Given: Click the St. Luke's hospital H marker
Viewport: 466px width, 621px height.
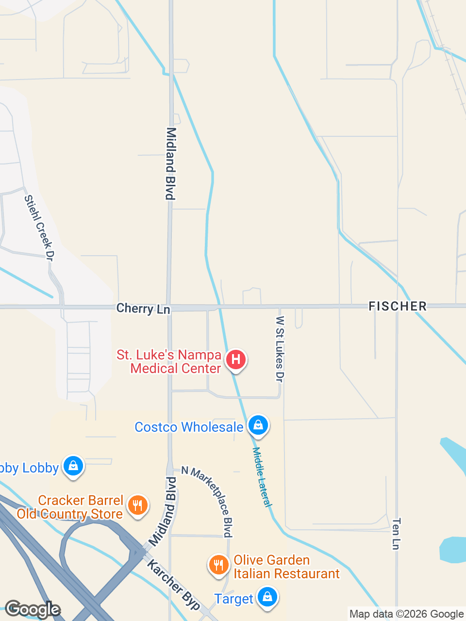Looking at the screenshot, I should [x=236, y=360].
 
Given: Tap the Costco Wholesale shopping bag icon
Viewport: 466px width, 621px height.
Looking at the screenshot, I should [x=258, y=425].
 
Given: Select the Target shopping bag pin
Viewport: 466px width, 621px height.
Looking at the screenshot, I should [x=267, y=597].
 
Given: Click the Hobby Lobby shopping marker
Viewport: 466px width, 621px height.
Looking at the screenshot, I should [x=73, y=466].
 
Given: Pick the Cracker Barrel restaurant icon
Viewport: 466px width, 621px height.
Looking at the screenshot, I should [x=138, y=506].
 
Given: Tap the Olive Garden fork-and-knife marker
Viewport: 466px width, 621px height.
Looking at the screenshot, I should [x=219, y=565].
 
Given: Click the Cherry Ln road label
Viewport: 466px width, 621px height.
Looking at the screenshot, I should [x=143, y=309].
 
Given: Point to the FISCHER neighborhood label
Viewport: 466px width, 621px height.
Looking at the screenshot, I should [x=398, y=306].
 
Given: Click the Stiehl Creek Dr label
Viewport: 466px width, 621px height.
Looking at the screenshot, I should [x=39, y=228].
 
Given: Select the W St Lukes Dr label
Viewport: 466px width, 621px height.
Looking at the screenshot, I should [x=280, y=348].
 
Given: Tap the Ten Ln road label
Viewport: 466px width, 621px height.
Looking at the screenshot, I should [x=396, y=534].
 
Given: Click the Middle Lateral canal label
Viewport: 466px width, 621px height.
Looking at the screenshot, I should [x=262, y=477].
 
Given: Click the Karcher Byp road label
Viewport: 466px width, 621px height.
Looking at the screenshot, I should [x=174, y=585].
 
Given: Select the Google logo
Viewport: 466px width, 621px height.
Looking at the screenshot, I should [x=32, y=609].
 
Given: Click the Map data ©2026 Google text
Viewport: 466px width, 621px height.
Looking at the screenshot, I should [x=406, y=614].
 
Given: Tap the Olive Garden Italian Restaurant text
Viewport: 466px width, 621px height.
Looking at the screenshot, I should [x=286, y=567].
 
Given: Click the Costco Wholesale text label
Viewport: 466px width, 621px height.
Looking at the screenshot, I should [x=189, y=427].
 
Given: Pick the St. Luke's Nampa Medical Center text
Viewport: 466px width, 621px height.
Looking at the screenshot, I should [x=169, y=361].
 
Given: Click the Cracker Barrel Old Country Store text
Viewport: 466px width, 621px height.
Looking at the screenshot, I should [x=70, y=507].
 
